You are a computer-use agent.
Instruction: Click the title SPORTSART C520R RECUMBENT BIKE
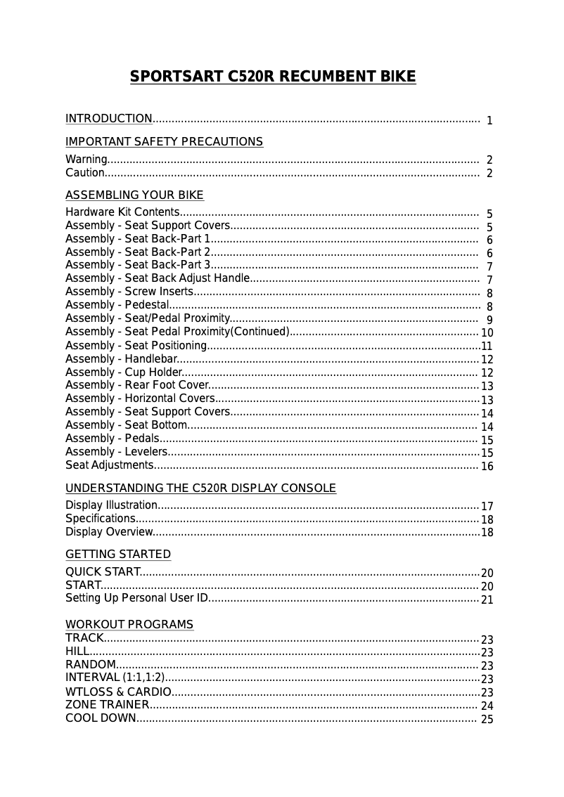[273, 77]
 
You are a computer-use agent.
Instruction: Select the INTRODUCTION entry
[109, 119]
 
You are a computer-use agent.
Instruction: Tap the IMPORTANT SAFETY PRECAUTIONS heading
[164, 142]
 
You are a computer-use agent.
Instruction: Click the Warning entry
[86, 160]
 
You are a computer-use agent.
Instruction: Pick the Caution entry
[85, 173]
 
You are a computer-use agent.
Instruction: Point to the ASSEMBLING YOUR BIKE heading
[134, 195]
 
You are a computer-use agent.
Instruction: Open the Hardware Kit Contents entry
[122, 213]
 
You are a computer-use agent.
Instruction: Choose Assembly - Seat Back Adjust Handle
[158, 278]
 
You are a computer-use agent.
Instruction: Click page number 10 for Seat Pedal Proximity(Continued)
[487, 333]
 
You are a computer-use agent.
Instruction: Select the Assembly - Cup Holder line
[124, 372]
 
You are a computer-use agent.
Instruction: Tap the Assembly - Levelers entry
[116, 452]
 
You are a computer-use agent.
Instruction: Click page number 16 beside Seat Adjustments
[487, 467]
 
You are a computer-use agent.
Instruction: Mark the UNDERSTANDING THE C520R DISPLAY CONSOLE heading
[200, 488]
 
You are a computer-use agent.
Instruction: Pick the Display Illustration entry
[111, 505]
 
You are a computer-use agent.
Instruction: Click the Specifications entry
[100, 519]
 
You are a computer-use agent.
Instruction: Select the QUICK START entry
[103, 572]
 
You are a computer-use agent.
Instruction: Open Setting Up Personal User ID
[137, 599]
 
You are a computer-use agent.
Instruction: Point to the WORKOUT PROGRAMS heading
[129, 625]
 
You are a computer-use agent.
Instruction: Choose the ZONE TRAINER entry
[107, 705]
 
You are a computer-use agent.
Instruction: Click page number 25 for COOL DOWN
[487, 720]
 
